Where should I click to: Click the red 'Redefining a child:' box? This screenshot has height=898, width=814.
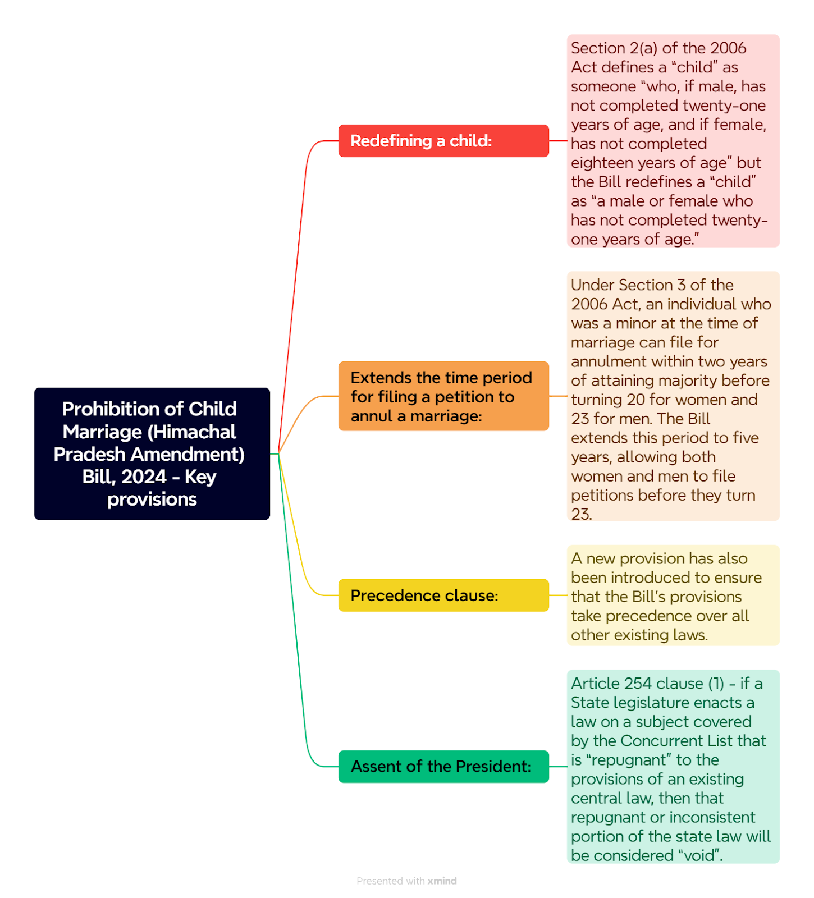coord(443,141)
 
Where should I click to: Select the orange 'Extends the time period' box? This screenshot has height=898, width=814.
coord(443,396)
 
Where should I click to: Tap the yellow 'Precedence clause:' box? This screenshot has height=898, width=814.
coord(443,595)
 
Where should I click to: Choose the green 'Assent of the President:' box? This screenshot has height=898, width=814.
coord(443,767)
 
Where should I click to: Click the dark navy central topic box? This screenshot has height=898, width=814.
coord(152,454)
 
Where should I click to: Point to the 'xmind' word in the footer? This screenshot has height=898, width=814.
coord(442,881)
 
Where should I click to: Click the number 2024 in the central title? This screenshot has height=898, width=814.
coord(144,477)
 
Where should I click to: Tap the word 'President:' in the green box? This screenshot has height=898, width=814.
coord(493,767)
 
